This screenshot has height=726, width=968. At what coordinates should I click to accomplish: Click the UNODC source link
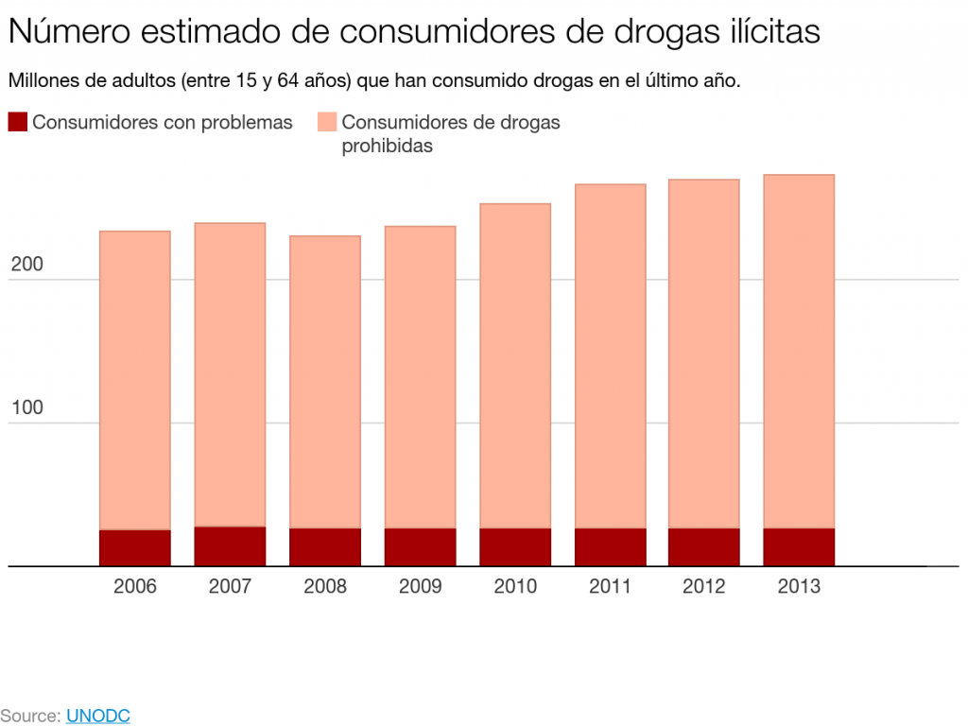pyautogui.click(x=97, y=716)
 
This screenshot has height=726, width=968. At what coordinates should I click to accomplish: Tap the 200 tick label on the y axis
pyautogui.click(x=26, y=266)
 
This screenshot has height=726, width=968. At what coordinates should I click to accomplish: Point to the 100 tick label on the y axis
pyautogui.click(x=26, y=408)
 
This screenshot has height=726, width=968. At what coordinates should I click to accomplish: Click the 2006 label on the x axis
pyautogui.click(x=134, y=586)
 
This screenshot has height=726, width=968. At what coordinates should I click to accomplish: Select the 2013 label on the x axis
pyautogui.click(x=799, y=586)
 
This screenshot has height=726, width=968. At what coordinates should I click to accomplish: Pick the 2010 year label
pyautogui.click(x=514, y=586)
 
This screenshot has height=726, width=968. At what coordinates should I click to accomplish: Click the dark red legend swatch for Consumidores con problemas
pyautogui.click(x=17, y=122)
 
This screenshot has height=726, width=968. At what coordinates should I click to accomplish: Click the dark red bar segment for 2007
pyautogui.click(x=230, y=546)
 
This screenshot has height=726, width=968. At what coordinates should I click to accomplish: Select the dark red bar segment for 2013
pyautogui.click(x=799, y=547)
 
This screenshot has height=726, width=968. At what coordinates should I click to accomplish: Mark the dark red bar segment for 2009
pyautogui.click(x=420, y=547)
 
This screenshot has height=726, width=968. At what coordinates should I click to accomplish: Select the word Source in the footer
pyautogui.click(x=28, y=716)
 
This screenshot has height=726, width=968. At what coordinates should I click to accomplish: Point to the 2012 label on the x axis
pyautogui.click(x=704, y=586)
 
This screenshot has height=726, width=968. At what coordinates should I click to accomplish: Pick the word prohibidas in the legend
pyautogui.click(x=387, y=147)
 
